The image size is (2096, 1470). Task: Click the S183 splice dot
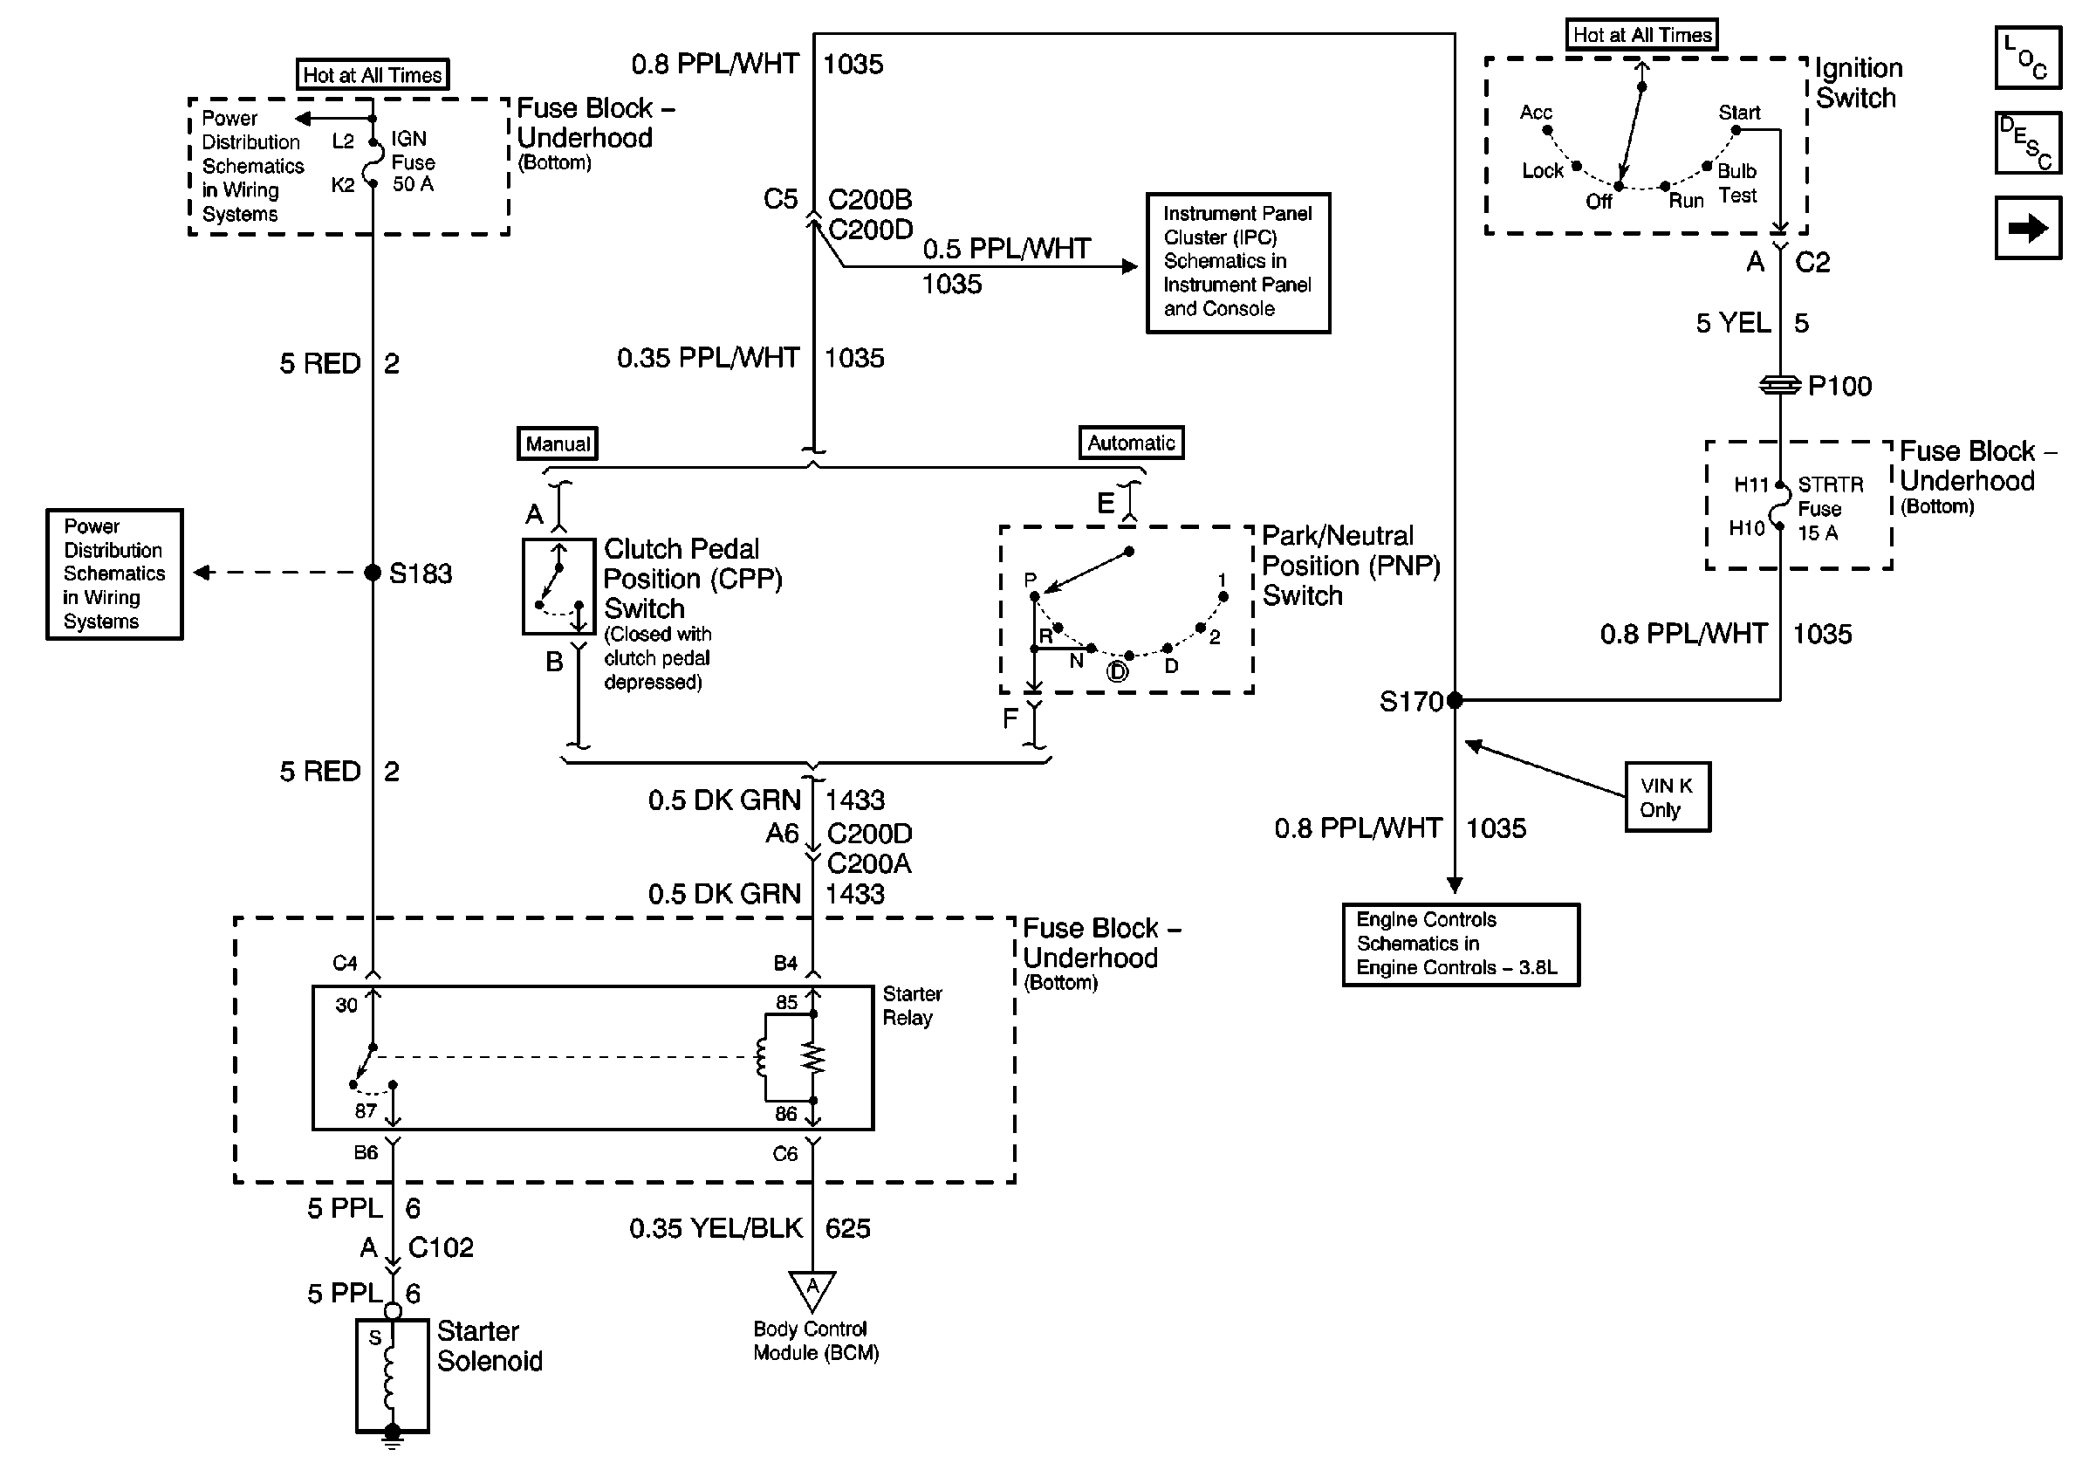[373, 573]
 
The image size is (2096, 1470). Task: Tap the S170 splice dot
[1455, 700]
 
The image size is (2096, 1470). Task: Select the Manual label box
[557, 443]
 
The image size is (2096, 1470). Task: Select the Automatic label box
[1130, 443]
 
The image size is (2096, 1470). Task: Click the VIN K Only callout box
[1667, 797]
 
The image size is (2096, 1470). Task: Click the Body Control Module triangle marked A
[812, 1289]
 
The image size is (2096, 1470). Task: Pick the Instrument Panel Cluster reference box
[1237, 262]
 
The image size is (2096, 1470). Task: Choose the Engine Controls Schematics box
[1460, 945]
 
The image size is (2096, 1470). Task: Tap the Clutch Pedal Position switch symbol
[558, 587]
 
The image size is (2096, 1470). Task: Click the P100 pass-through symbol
[1779, 385]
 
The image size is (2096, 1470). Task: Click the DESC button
[2028, 142]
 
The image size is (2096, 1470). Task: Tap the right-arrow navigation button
[2028, 228]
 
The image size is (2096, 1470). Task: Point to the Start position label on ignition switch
[1739, 113]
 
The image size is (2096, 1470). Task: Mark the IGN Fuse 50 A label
[413, 161]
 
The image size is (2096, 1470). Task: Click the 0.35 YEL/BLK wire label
[716, 1229]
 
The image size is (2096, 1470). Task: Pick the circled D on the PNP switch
[1118, 672]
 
